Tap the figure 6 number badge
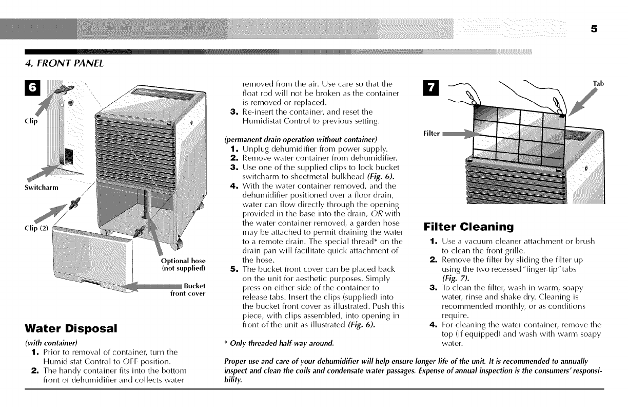point(32,88)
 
